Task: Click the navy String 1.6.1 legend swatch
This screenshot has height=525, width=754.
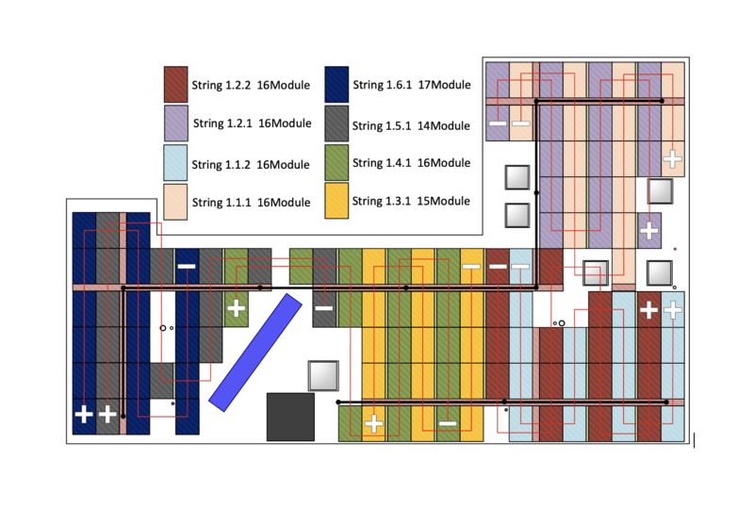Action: click(337, 84)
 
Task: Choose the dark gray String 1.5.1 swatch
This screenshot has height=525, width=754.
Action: click(337, 123)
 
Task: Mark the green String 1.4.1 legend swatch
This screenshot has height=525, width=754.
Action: click(337, 162)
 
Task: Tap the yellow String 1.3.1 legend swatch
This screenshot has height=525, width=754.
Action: click(337, 201)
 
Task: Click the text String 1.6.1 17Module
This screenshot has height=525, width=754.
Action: click(411, 85)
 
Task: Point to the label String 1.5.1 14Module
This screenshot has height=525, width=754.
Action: click(410, 124)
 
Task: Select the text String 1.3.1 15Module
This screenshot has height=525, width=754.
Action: click(410, 201)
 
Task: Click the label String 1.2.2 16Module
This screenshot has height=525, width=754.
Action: click(252, 85)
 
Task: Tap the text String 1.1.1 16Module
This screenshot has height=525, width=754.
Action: click(251, 203)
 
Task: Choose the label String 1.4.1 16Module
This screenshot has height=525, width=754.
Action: click(410, 163)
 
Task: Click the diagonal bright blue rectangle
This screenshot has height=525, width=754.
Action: click(255, 353)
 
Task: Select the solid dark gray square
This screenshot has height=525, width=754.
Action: click(290, 417)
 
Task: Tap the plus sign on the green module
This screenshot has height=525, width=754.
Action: click(236, 307)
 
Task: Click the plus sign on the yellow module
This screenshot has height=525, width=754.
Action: click(373, 423)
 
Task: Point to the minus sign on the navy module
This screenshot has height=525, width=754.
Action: click(187, 267)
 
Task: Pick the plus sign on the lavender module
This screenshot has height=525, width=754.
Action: click(648, 230)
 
